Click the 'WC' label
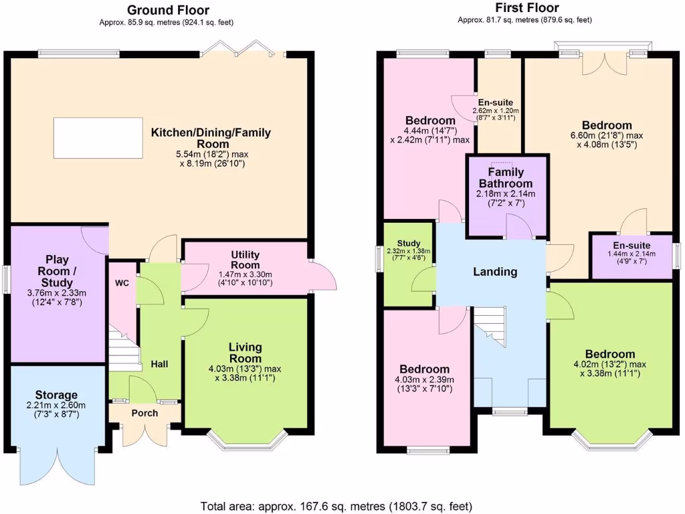(x=122, y=283)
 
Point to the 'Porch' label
(x=144, y=413)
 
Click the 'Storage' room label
(x=56, y=395)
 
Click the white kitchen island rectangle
(x=97, y=137)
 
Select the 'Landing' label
(x=495, y=272)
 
